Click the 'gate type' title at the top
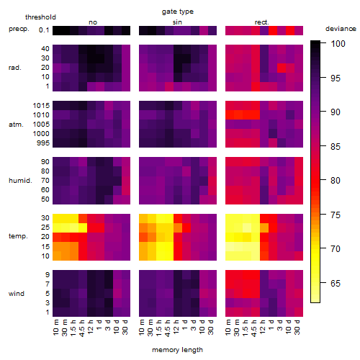pyautogui.click(x=178, y=12)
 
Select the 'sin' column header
pyautogui.click(x=177, y=22)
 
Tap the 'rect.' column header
pyautogui.click(x=262, y=22)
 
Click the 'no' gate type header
pyautogui.click(x=93, y=22)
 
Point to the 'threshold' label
pyautogui.click(x=40, y=17)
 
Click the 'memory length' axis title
pyautogui.click(x=177, y=350)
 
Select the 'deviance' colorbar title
pyautogui.click(x=341, y=29)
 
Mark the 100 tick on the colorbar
pyautogui.click(x=338, y=44)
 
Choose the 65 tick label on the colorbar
pyautogui.click(x=336, y=284)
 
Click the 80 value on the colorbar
pyautogui.click(x=336, y=180)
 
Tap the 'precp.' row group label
pyautogui.click(x=19, y=29)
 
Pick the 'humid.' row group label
pyautogui.click(x=20, y=180)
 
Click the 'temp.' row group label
pyautogui.click(x=18, y=236)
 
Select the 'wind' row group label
pyautogui.click(x=17, y=294)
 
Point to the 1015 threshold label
pyautogui.click(x=41, y=105)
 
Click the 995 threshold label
pyautogui.click(x=43, y=143)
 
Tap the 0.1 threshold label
pyautogui.click(x=44, y=30)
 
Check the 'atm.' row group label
pyautogui.click(x=16, y=125)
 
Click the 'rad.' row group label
pyautogui.click(x=15, y=68)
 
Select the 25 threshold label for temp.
pyautogui.click(x=45, y=227)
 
